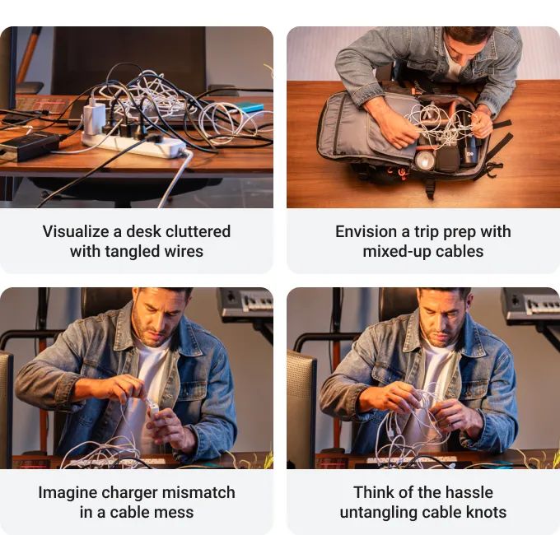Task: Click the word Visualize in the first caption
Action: (x=76, y=231)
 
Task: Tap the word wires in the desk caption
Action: (x=184, y=251)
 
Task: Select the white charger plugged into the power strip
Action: (x=94, y=117)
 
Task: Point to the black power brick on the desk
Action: (x=30, y=146)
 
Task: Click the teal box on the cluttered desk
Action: (x=248, y=107)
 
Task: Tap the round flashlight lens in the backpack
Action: (x=425, y=161)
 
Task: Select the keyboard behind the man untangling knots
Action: (x=530, y=305)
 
